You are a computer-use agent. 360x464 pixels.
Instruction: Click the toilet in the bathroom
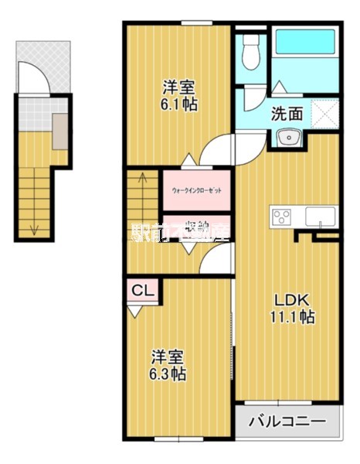click(x=250, y=53)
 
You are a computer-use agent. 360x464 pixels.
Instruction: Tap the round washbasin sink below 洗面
click(x=289, y=138)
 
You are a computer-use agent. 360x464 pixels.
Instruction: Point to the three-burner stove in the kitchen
click(x=280, y=216)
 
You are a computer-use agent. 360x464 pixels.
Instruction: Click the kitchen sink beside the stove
click(x=318, y=215)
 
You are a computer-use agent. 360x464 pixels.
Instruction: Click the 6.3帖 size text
click(x=168, y=374)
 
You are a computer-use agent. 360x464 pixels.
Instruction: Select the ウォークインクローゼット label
click(x=197, y=188)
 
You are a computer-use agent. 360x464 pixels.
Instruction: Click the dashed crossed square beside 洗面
click(x=323, y=113)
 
